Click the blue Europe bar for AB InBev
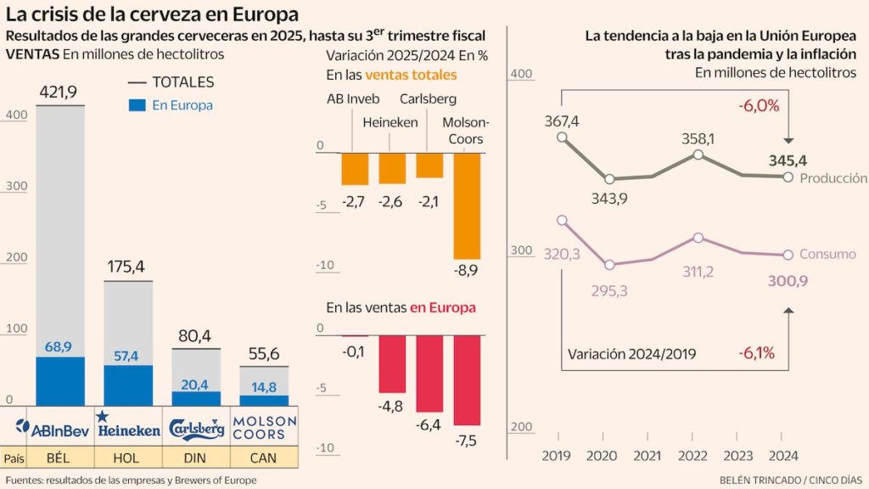click(60, 381)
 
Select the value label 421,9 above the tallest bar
click(60, 91)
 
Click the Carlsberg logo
click(197, 428)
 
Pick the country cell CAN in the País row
click(264, 458)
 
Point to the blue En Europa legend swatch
click(137, 105)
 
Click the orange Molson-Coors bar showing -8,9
click(467, 205)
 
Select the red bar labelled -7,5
click(467, 380)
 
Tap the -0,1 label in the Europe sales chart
click(354, 351)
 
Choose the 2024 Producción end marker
click(788, 177)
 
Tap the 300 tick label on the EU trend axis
click(519, 251)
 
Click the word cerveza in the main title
click(146, 14)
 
